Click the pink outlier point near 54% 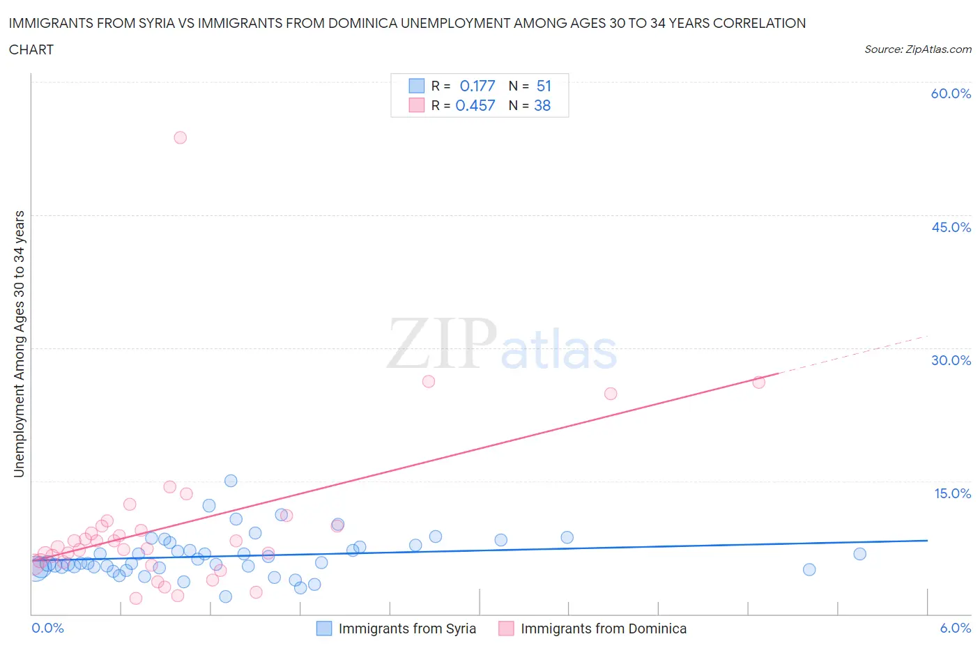coord(180,137)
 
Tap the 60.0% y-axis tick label coord(951,93)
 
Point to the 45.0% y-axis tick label coord(951,227)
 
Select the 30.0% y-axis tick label coord(951,360)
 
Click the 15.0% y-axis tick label coord(952,493)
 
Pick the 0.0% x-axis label coord(47,628)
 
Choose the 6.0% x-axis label coord(955,628)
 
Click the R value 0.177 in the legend coord(477,86)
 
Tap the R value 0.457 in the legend coord(475,105)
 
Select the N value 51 coord(544,86)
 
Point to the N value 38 coord(542,105)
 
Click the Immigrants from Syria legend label coord(407,628)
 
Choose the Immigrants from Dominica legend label coord(603,628)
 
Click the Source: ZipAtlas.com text coord(917,49)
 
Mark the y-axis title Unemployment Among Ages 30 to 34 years coord(19,344)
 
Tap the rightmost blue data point coord(859,554)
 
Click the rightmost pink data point coord(758,382)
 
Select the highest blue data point coord(231,481)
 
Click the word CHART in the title coord(31,49)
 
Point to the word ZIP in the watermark coord(441,343)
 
